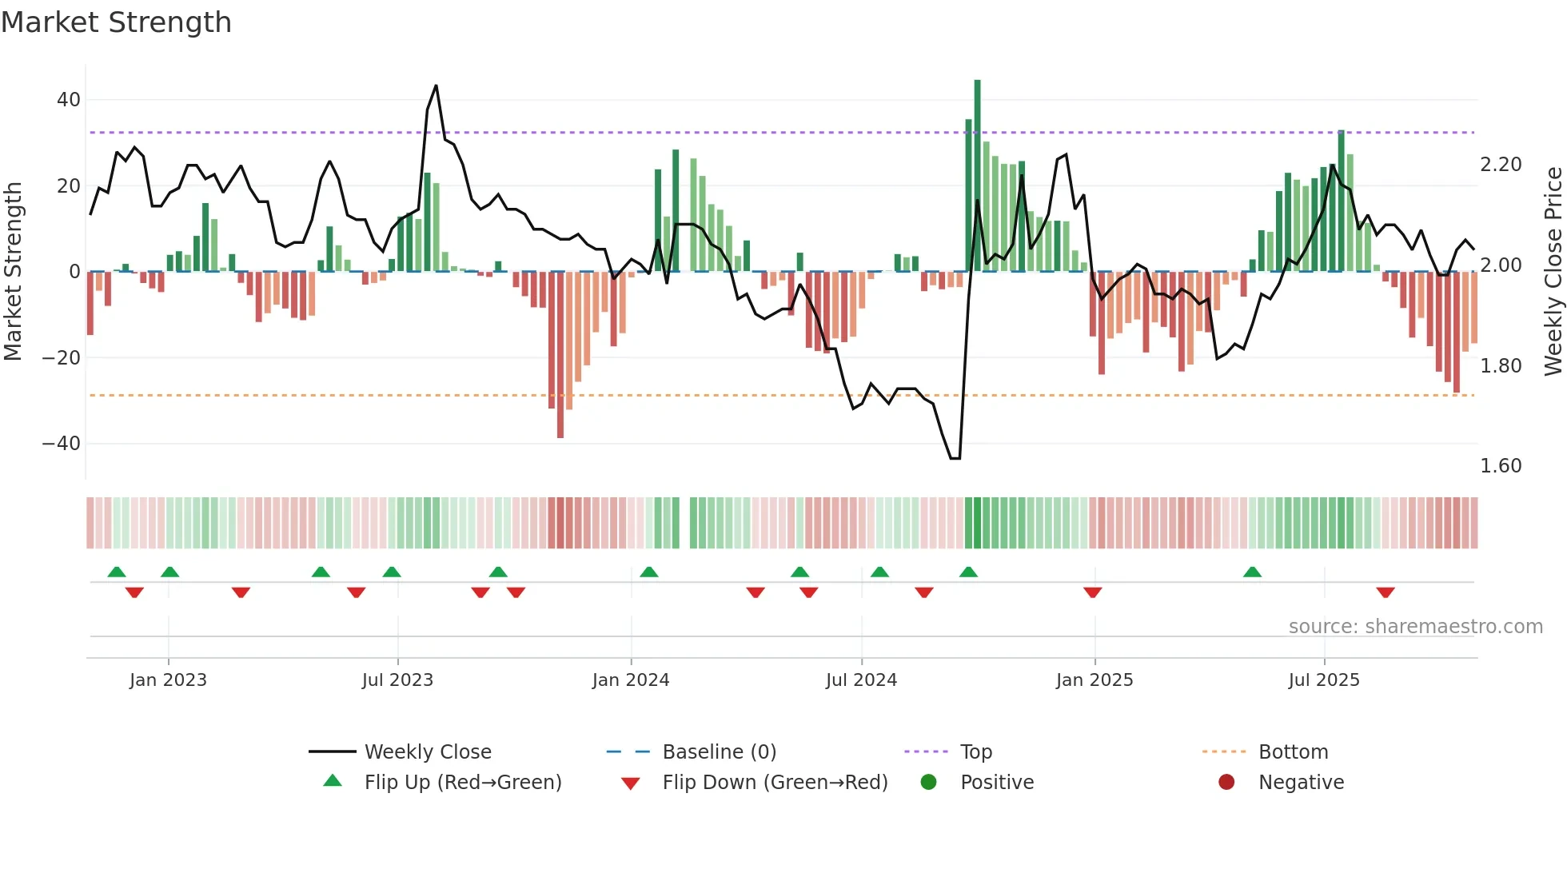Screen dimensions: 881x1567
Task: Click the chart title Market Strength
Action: click(116, 22)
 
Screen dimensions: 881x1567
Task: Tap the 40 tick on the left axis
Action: click(69, 100)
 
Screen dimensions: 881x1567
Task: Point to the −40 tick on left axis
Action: click(62, 443)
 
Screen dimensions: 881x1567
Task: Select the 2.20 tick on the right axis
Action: click(1501, 165)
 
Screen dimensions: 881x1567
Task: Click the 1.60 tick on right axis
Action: click(1501, 466)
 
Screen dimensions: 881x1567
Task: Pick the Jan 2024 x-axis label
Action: click(631, 680)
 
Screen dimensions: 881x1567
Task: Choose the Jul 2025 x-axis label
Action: click(1324, 680)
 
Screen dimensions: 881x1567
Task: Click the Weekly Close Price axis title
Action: click(1553, 272)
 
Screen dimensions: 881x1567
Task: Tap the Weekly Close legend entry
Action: click(428, 752)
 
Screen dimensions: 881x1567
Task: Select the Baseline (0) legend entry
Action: click(719, 752)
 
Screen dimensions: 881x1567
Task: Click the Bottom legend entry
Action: click(1293, 752)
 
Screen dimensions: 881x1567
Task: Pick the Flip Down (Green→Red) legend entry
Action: click(775, 783)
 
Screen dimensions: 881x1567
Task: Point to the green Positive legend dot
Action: click(928, 782)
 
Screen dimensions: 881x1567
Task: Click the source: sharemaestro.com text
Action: click(1415, 627)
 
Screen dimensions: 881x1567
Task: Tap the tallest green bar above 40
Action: click(977, 176)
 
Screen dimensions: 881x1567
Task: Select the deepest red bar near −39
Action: click(560, 356)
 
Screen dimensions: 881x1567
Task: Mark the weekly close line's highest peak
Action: click(436, 86)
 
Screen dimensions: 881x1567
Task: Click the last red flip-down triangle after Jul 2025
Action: click(1386, 592)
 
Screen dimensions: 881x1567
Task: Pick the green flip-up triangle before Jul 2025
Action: click(1253, 572)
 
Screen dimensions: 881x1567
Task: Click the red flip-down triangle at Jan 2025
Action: click(1093, 592)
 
